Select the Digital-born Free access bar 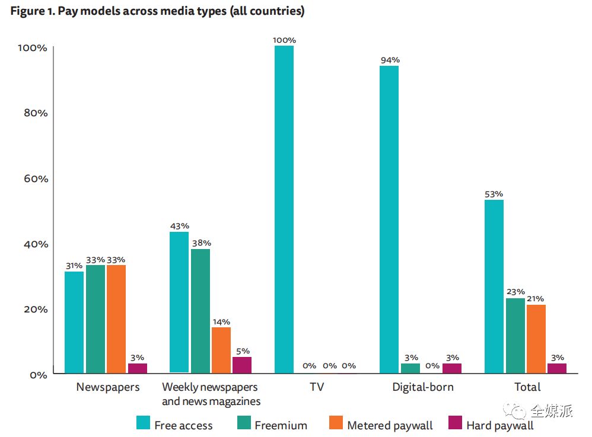pyautogui.click(x=389, y=219)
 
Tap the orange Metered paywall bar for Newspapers pyautogui.click(x=116, y=319)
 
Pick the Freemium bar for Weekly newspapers pyautogui.click(x=200, y=311)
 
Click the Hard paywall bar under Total pyautogui.click(x=556, y=368)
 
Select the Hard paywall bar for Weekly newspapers pyautogui.click(x=242, y=365)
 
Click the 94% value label pyautogui.click(x=390, y=60)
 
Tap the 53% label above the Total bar pyautogui.click(x=494, y=194)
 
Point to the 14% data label pyautogui.click(x=221, y=321)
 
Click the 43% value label pyautogui.click(x=179, y=226)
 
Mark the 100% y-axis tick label pyautogui.click(x=33, y=47)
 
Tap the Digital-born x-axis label pyautogui.click(x=422, y=387)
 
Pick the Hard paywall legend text pyautogui.click(x=499, y=425)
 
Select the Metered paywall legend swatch pyautogui.click(x=335, y=423)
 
